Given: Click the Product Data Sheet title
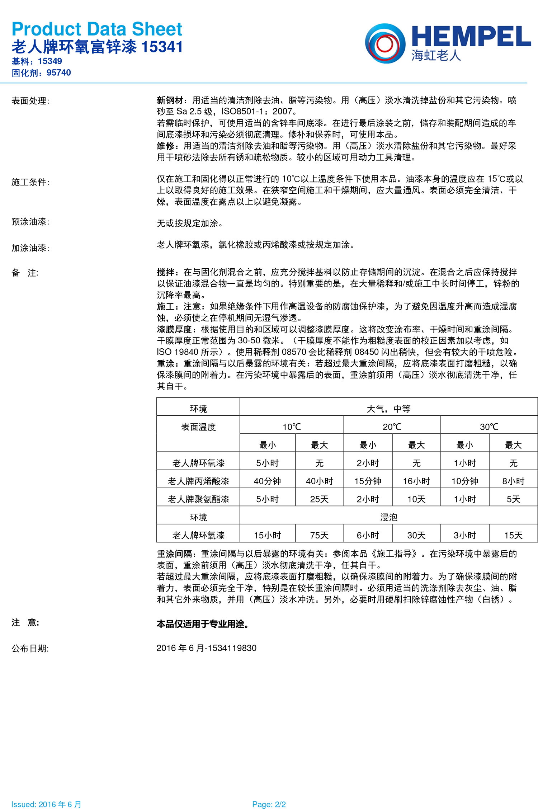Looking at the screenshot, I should click(x=97, y=29).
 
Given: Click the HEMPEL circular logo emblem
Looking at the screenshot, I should click(x=385, y=43).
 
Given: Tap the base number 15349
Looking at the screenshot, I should click(x=50, y=61).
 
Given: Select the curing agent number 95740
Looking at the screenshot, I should click(x=59, y=73).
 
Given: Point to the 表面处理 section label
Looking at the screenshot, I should click(x=30, y=101).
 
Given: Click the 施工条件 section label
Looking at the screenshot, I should click(x=30, y=182).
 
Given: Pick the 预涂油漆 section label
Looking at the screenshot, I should click(x=30, y=222).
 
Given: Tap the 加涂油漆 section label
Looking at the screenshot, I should click(x=30, y=248).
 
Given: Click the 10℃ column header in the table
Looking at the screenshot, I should click(x=292, y=427).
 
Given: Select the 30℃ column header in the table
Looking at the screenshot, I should click(x=489, y=427).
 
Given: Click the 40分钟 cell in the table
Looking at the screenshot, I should click(x=267, y=481).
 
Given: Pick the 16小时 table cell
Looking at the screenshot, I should click(x=416, y=481).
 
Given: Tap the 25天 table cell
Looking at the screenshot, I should click(x=319, y=499).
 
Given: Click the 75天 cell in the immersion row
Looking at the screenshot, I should click(x=319, y=535).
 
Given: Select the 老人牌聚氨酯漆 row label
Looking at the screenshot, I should click(x=198, y=499).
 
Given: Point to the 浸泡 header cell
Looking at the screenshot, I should click(x=388, y=517).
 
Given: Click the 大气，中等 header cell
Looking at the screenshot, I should click(x=388, y=409).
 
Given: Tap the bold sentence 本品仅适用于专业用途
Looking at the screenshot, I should click(x=203, y=624).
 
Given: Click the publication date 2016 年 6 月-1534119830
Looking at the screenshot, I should click(x=206, y=648).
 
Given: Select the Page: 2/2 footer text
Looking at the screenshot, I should click(x=269, y=804).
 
